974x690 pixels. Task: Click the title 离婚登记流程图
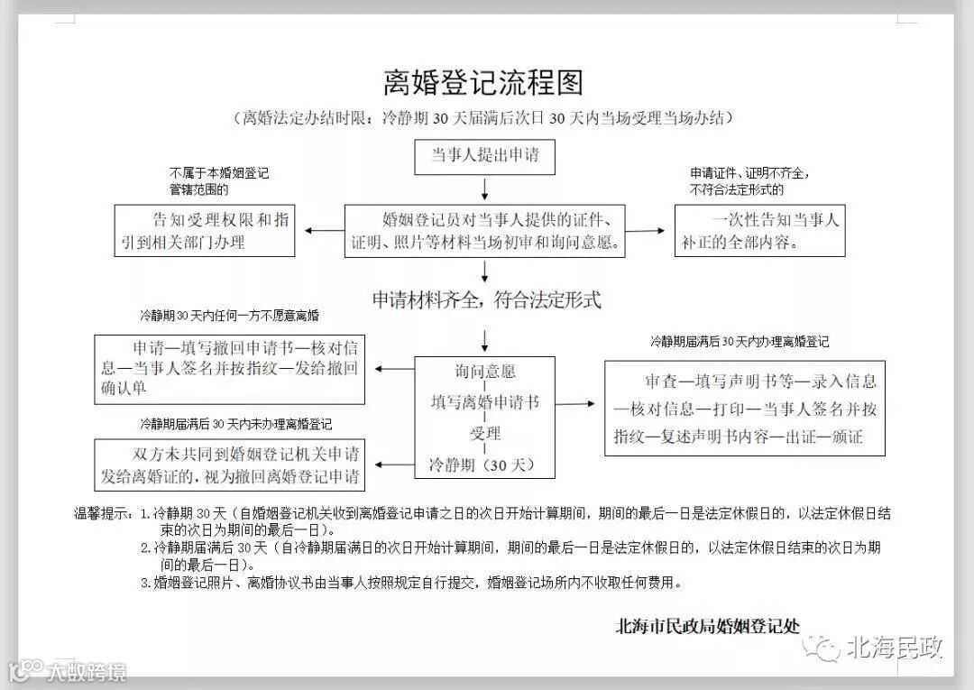point(483,82)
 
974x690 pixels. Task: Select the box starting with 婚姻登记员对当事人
point(485,231)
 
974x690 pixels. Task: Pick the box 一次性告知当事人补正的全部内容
point(760,231)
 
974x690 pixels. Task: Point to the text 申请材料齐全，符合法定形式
point(486,300)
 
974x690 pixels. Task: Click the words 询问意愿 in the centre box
point(485,372)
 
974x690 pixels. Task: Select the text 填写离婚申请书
point(485,402)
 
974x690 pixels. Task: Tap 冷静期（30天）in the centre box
point(485,465)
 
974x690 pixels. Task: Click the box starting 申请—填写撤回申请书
point(230,369)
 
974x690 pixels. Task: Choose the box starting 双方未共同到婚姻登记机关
point(230,465)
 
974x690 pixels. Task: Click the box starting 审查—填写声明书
point(745,409)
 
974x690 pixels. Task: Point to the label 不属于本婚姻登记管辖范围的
point(218,181)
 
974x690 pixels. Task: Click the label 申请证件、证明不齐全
point(749,181)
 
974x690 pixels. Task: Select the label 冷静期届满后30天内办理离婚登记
point(740,342)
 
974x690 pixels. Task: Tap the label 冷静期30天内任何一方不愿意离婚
point(229,317)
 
